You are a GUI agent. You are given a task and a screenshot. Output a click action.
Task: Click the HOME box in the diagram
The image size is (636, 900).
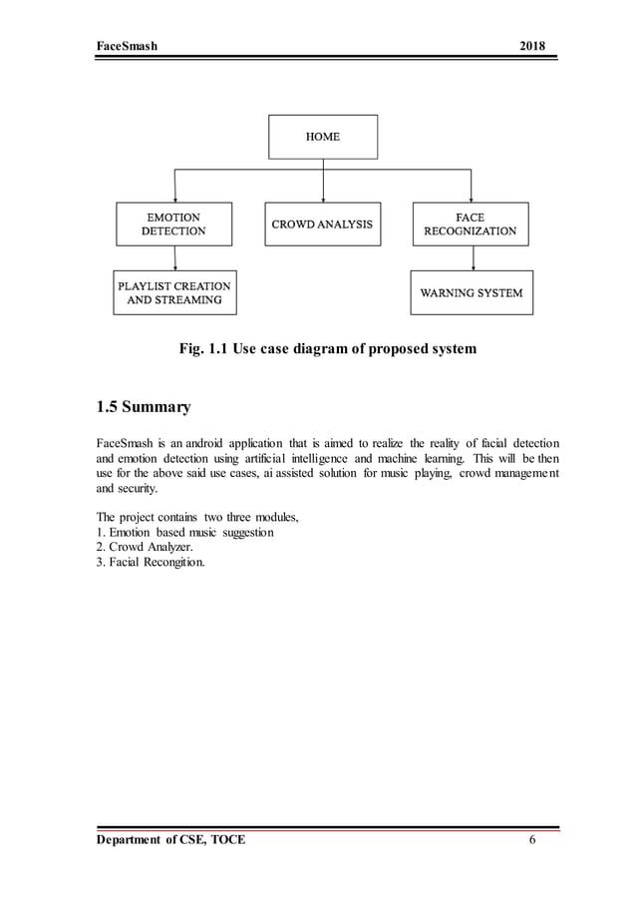(323, 137)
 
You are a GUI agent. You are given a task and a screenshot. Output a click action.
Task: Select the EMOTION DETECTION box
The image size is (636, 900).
(174, 225)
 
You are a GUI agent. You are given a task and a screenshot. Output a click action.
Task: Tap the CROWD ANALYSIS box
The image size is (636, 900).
(323, 225)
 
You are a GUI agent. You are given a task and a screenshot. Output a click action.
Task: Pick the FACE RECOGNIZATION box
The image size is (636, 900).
(471, 225)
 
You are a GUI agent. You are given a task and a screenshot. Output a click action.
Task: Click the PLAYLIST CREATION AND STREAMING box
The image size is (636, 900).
(174, 292)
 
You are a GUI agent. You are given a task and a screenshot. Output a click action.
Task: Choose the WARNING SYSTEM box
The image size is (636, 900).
(471, 293)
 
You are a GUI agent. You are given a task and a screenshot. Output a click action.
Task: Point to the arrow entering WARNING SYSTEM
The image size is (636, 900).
(473, 258)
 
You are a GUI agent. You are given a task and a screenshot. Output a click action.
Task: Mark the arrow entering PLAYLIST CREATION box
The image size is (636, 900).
(175, 258)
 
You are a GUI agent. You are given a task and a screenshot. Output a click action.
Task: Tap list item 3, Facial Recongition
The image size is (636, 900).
(151, 563)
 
